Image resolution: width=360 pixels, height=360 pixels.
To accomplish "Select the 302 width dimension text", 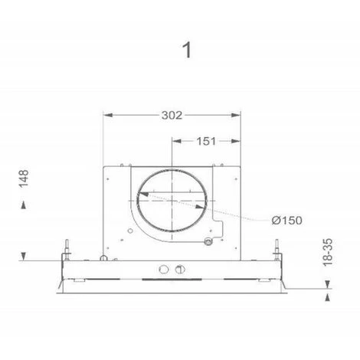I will pos(172,116).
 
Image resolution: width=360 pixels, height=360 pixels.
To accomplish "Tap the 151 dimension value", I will pos(205,141).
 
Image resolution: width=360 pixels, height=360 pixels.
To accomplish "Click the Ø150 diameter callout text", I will pos(286,220).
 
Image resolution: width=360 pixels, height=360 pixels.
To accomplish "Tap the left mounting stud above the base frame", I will pos(68,250).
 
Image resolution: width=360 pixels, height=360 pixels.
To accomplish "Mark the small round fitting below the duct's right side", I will pos(206,243).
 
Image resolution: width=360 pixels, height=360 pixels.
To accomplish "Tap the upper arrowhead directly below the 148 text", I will pos(25,203).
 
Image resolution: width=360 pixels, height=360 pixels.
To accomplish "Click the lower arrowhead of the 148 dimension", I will pos(25,255).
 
